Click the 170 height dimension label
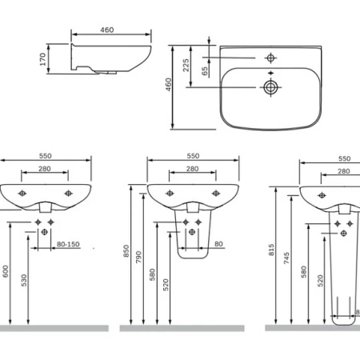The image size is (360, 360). click(42, 59)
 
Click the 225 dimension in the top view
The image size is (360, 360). click(186, 66)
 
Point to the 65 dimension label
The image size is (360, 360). click(205, 71)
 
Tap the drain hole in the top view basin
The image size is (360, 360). click(270, 87)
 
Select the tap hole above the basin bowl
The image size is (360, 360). click(270, 58)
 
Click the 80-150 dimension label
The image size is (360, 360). click(68, 244)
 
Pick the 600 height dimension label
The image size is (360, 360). click(6, 271)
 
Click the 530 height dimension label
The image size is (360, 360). click(24, 280)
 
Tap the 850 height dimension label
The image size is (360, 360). click(126, 251)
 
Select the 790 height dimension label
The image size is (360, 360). click(138, 257)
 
